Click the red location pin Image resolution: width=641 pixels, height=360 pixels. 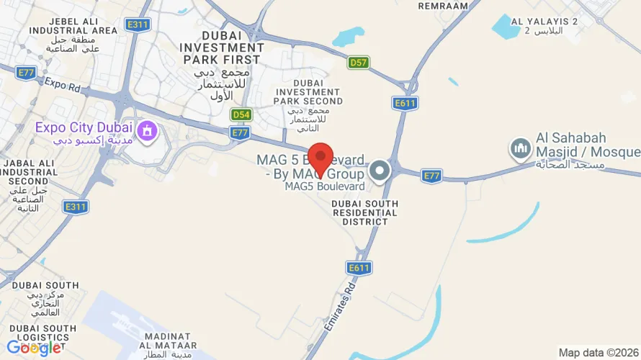tap(320, 161)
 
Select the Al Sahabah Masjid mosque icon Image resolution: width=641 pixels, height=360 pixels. tap(520, 149)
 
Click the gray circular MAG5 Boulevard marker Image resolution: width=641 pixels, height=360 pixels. tap(380, 171)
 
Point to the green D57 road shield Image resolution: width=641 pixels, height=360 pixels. tap(358, 63)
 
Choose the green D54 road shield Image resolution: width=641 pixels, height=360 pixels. tap(241, 114)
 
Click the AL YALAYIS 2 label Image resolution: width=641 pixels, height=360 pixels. tap(544, 27)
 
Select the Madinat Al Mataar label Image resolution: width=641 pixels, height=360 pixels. tap(171, 341)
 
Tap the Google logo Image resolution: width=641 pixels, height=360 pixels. tap(33, 348)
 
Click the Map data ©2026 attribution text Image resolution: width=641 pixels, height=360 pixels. tap(599, 353)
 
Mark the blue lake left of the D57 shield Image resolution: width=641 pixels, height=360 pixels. tap(348, 37)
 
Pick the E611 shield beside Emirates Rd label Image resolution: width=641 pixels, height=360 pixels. tap(358, 268)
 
